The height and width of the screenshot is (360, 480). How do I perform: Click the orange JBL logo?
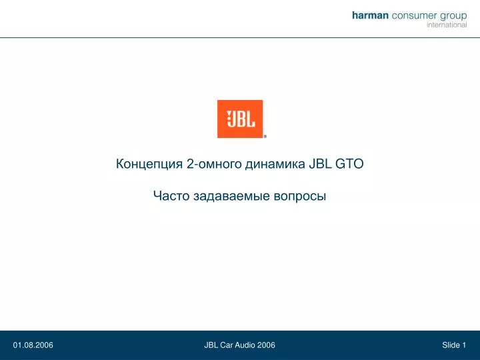[x=240, y=119]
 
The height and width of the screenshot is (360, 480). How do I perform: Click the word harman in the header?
[x=370, y=15]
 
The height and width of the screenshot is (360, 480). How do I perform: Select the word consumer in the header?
[x=415, y=15]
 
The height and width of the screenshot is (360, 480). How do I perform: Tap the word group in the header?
[x=454, y=17]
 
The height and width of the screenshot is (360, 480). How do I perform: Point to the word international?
[x=447, y=25]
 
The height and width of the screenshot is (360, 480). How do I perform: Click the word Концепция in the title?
[x=149, y=164]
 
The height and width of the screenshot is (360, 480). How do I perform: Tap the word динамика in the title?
[x=275, y=165]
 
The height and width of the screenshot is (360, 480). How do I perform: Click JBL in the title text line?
[x=320, y=164]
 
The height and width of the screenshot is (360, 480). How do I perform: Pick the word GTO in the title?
[x=349, y=164]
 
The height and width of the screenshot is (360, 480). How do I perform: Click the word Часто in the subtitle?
[x=171, y=196]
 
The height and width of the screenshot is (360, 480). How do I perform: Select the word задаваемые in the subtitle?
[x=232, y=196]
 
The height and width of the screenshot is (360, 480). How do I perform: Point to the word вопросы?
[x=300, y=197]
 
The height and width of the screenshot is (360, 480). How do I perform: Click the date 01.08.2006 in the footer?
[x=33, y=345]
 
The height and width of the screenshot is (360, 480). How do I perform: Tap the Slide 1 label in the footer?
[x=454, y=345]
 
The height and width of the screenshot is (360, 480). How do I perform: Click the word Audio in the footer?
[x=245, y=345]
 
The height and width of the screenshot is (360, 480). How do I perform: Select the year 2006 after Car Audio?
[x=266, y=345]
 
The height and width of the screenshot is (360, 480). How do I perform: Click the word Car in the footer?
[x=227, y=345]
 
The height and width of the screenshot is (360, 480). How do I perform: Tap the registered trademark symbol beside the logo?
[x=265, y=137]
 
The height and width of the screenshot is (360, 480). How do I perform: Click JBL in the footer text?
[x=211, y=345]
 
